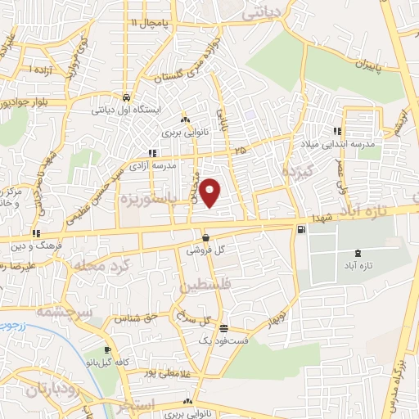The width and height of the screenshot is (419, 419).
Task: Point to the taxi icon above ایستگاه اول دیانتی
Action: pos(125,95)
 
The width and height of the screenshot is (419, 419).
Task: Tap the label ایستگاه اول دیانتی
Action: pos(125,108)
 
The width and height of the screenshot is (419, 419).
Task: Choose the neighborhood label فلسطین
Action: pos(201,286)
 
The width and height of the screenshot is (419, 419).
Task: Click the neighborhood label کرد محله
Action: pos(90,266)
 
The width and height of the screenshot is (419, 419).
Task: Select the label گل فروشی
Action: pos(205,250)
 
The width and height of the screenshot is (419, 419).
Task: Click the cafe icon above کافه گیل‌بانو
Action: pos(107,350)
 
